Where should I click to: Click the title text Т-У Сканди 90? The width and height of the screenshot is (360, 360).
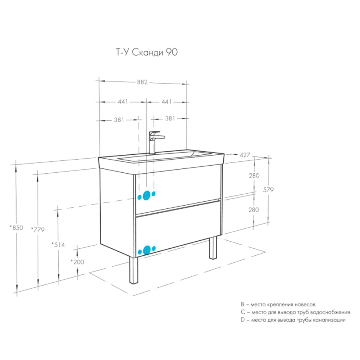[x=147, y=52]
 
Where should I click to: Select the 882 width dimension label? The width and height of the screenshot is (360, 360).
[x=142, y=82]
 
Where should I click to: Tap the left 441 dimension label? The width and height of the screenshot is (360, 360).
[x=123, y=102]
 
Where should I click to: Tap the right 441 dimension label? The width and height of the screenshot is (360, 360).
[x=166, y=102]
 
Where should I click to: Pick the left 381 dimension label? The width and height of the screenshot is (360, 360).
[x=119, y=120]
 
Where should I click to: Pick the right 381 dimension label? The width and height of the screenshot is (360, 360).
[x=170, y=118]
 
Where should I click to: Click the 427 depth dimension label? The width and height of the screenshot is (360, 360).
[x=245, y=155]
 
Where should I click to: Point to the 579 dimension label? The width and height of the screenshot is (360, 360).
[x=268, y=190]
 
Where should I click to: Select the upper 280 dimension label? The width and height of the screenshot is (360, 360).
[x=254, y=176]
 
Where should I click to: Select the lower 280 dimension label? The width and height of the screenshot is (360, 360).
[x=254, y=210]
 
